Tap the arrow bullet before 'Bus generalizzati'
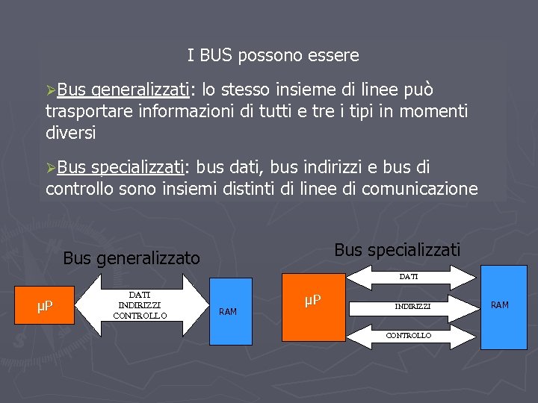coord(51,90)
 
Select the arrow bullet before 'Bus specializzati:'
coord(51,167)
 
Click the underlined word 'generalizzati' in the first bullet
coord(140,90)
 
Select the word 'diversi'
coord(70,133)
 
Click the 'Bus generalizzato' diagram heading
coord(132,258)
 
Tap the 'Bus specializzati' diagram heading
coord(398,249)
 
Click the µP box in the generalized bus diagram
coord(46,306)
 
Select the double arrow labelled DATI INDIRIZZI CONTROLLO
coord(139,305)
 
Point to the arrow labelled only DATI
coord(408,277)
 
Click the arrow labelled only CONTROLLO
coord(408,336)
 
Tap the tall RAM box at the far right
coord(499,306)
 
